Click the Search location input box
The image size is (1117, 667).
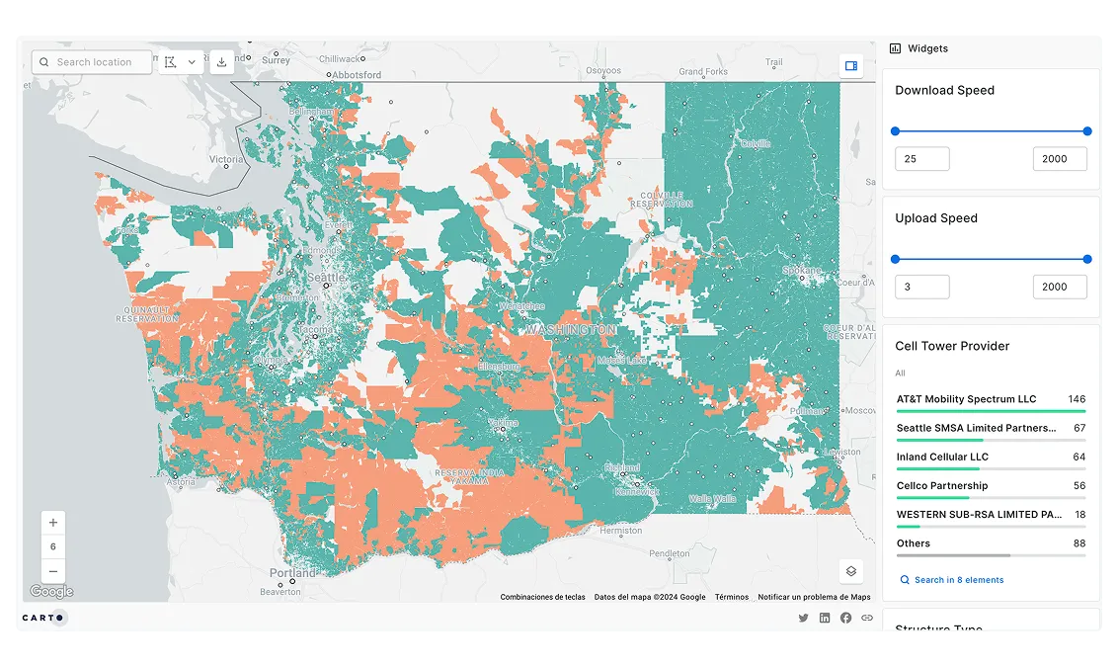click(94, 62)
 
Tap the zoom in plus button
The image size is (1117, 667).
click(53, 523)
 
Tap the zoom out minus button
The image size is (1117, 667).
click(53, 571)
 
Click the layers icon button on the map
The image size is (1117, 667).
click(850, 571)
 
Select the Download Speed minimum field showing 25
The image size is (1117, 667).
click(921, 159)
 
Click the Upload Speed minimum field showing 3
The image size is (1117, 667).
click(921, 288)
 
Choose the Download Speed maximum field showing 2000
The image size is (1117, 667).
click(1059, 159)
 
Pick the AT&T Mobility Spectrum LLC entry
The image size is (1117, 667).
click(966, 399)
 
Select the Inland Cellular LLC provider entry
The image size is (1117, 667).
click(942, 457)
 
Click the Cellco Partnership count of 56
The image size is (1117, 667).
click(1078, 485)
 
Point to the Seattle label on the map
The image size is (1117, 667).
click(326, 279)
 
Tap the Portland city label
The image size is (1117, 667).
click(293, 573)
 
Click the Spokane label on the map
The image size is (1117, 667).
click(801, 270)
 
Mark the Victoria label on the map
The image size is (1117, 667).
click(226, 159)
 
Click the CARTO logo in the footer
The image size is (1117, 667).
click(43, 618)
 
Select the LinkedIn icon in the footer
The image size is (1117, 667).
click(825, 618)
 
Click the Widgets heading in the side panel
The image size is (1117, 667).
click(927, 48)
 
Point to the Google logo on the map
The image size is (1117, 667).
click(51, 592)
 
